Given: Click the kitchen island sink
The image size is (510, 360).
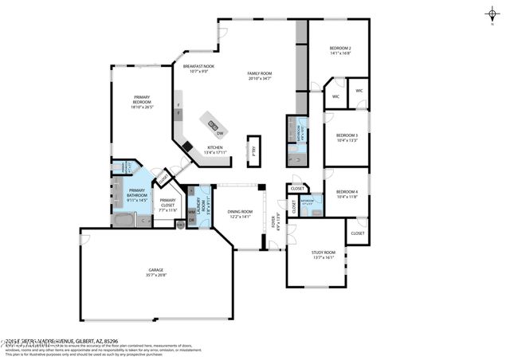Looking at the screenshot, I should [x=212, y=123].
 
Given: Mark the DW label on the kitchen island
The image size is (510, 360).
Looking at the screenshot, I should [x=219, y=133].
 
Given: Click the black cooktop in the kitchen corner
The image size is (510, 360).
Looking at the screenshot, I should [x=186, y=147].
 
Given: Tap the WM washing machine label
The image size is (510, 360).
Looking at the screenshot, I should [x=192, y=211].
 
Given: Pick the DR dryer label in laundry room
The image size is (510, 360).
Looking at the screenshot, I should [x=192, y=221].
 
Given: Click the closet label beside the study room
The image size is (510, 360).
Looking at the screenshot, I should [x=357, y=233].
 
